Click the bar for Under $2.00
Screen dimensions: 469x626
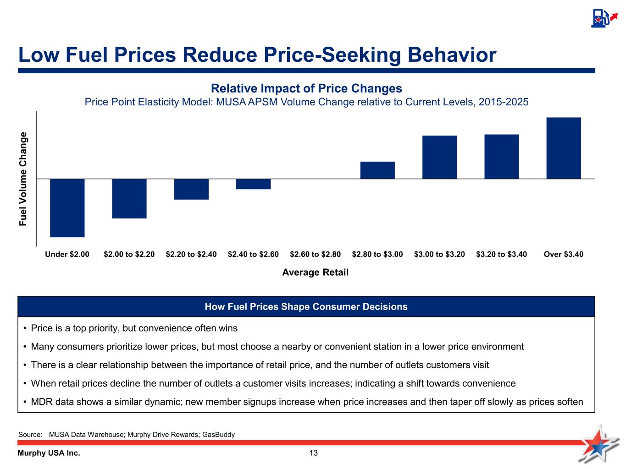67,207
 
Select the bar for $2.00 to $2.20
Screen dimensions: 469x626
129,198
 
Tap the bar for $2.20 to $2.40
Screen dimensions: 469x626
191,189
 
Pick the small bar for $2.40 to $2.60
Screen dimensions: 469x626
253,184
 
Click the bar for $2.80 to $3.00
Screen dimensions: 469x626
377,170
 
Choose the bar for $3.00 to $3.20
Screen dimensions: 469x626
439,157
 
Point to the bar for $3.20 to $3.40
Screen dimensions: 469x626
502,156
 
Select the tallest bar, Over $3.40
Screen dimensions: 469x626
564,148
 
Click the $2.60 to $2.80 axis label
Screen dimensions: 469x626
316,254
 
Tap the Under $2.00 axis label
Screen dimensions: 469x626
67,254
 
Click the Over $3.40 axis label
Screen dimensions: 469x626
564,254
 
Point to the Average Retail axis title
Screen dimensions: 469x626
316,273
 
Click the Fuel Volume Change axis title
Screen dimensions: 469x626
23,179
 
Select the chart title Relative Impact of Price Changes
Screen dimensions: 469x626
306,88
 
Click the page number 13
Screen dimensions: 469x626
314,453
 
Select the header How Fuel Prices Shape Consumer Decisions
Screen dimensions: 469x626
306,307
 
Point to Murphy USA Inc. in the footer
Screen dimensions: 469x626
49,453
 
